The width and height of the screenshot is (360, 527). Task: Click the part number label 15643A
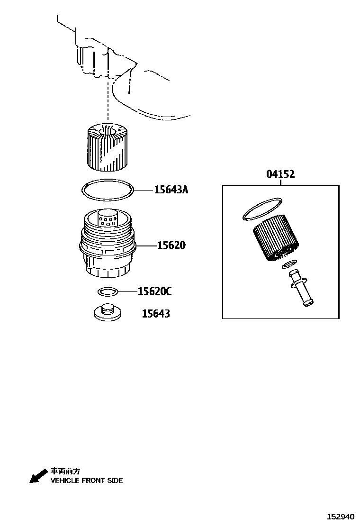pyautogui.click(x=171, y=190)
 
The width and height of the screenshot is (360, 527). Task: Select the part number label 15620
pyautogui.click(x=171, y=245)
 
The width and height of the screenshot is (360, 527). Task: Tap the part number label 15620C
pyautogui.click(x=154, y=291)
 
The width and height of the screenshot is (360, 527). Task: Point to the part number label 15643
pyautogui.click(x=156, y=314)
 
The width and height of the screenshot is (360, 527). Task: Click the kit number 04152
pyautogui.click(x=280, y=174)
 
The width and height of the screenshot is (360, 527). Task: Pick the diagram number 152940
pyautogui.click(x=339, y=516)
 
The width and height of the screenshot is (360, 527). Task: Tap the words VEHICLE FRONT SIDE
pyautogui.click(x=87, y=481)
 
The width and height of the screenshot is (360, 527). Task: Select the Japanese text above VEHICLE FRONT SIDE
pyautogui.click(x=65, y=472)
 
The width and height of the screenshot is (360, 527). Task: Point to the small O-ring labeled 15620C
pyautogui.click(x=107, y=291)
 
